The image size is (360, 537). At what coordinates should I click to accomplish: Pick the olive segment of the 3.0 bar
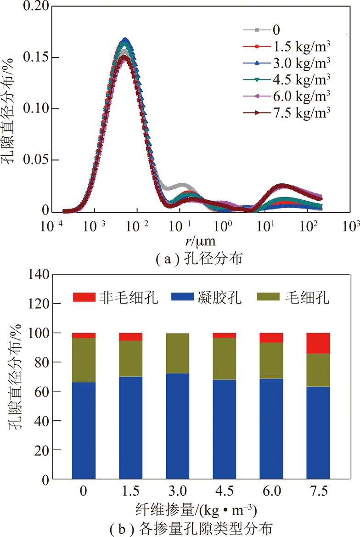[x=177, y=353]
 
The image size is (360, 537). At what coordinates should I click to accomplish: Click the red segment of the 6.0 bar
[x=271, y=338]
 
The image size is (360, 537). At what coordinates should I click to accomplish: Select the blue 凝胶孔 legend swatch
[x=184, y=297]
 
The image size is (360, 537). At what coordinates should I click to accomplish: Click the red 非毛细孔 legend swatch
[x=84, y=297]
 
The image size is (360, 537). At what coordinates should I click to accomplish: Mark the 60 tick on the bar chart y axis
[x=40, y=391]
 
